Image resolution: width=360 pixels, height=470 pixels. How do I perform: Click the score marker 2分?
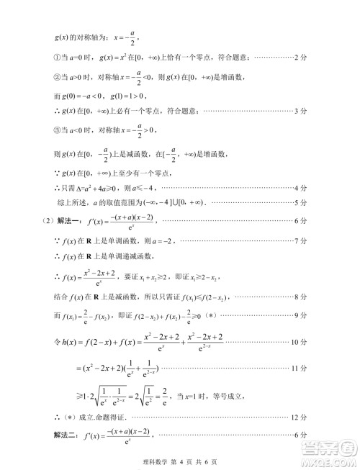[302, 56]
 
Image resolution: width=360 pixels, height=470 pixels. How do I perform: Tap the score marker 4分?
[302, 189]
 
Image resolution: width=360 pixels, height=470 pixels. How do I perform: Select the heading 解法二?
[68, 435]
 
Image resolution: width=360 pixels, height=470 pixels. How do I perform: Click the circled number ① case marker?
[58, 56]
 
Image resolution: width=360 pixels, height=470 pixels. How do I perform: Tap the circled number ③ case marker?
[58, 130]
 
